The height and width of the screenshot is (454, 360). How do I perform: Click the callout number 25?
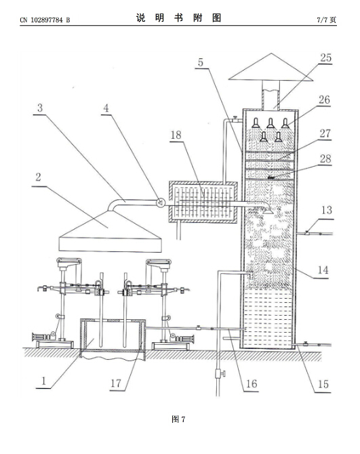point(325,58)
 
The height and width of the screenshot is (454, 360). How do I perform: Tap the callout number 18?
point(176,135)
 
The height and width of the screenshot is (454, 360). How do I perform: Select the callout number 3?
point(40,108)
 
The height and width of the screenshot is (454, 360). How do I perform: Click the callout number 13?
point(327,210)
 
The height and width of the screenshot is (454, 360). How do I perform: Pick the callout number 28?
point(325,159)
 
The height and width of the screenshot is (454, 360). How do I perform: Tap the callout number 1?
point(44,381)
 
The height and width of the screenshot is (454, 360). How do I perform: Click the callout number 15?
point(323,384)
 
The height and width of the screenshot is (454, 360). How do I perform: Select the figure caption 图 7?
point(178,419)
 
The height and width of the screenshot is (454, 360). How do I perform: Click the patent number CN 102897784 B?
point(45,20)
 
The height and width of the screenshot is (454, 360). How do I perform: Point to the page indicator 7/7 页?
point(326,20)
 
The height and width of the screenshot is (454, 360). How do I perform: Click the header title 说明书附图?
point(179,18)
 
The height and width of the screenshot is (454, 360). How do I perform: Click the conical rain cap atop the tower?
point(271,67)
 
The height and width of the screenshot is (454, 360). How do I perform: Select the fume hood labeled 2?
point(110,231)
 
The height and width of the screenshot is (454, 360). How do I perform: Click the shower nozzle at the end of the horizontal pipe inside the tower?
point(268,211)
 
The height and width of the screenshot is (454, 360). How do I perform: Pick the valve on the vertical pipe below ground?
point(220,374)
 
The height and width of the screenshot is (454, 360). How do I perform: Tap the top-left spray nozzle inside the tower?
point(256,123)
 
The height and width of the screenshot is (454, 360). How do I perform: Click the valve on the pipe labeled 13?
point(307,232)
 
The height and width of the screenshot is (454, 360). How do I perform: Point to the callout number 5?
point(201,62)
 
